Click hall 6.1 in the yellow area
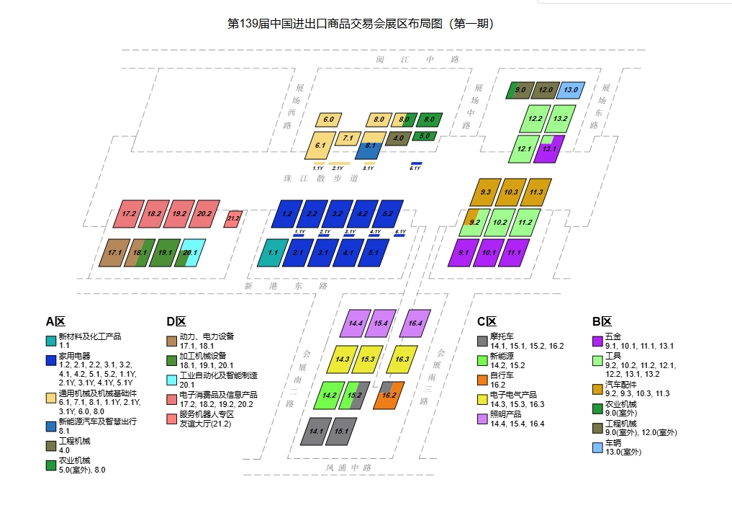(320, 145)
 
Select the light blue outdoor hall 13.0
(571, 90)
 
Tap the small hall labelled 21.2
(232, 218)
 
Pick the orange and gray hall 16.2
(389, 395)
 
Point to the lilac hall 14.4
(355, 323)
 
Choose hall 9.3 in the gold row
(486, 192)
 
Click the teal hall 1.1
(273, 253)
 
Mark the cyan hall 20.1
(190, 253)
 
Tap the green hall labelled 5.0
(424, 135)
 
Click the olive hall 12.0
(545, 90)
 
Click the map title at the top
(360, 24)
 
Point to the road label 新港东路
(286, 286)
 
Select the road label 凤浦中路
(348, 468)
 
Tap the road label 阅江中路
(417, 59)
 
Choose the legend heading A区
(55, 322)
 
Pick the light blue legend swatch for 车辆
(597, 447)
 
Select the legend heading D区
(176, 322)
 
